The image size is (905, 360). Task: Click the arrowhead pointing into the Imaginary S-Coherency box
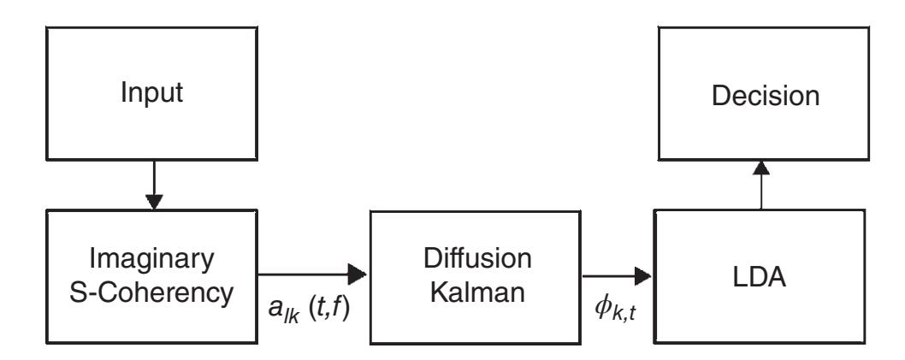tap(154, 203)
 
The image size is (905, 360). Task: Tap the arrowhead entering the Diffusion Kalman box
tap(358, 275)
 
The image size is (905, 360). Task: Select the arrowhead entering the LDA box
tap(643, 275)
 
